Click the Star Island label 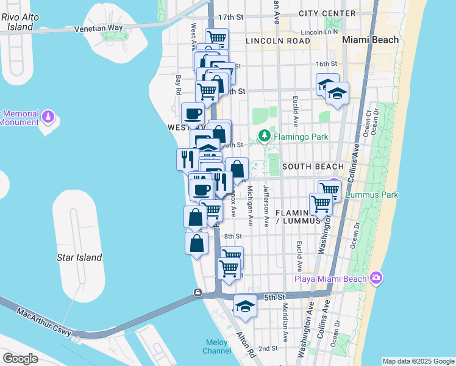pyautogui.click(x=79, y=257)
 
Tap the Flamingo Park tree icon pyautogui.click(x=265, y=135)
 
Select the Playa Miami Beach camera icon pyautogui.click(x=376, y=279)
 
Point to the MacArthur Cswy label pyautogui.click(x=45, y=322)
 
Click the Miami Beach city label pyautogui.click(x=371, y=40)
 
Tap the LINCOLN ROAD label pyautogui.click(x=278, y=40)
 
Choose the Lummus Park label pyautogui.click(x=371, y=195)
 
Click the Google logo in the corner pyautogui.click(x=20, y=358)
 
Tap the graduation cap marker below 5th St pyautogui.click(x=245, y=307)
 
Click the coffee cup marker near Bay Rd pyautogui.click(x=193, y=113)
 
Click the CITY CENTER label pyautogui.click(x=327, y=13)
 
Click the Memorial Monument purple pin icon pyautogui.click(x=48, y=116)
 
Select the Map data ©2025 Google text pyautogui.click(x=418, y=361)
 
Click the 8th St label pyautogui.click(x=233, y=236)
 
